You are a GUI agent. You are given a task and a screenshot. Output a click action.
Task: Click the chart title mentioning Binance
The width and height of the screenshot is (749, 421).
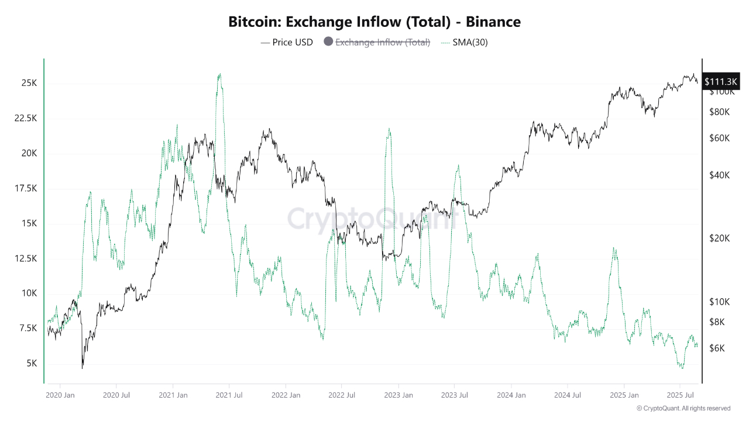point(374,22)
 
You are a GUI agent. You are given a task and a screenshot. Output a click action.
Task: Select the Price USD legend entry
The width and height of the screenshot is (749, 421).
point(287,42)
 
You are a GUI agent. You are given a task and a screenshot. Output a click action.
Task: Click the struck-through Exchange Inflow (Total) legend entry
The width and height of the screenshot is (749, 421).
point(377,42)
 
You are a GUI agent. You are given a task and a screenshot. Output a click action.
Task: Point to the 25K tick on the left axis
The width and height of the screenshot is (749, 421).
point(28,84)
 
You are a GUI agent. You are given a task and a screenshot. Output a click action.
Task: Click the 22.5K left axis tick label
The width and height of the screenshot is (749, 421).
point(25,119)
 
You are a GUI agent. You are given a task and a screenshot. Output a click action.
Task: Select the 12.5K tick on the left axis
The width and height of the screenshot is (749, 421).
point(25,258)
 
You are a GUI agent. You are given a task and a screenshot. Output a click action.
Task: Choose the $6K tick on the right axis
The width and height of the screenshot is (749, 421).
point(719,348)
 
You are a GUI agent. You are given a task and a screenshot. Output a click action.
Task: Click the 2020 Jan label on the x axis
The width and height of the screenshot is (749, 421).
point(60,395)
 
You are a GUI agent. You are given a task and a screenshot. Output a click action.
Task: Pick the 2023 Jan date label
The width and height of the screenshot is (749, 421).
point(399,395)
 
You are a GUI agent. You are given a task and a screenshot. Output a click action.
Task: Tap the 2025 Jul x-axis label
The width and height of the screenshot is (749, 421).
point(681,395)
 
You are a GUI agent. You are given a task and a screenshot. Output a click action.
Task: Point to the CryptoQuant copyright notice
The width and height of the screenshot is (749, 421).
point(683,408)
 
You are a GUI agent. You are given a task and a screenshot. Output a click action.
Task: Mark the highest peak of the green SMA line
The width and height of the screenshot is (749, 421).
point(219,74)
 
